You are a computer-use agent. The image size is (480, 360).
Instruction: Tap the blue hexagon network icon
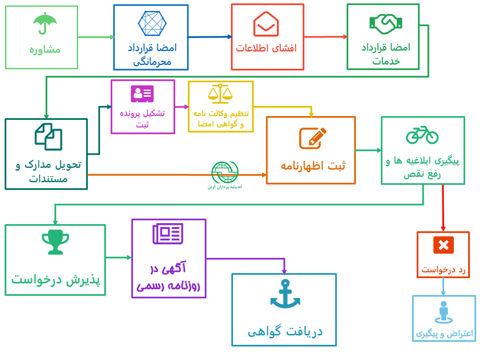(x=152, y=24)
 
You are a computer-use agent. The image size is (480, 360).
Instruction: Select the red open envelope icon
(x=266, y=24)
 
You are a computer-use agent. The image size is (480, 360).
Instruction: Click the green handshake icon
(x=386, y=24)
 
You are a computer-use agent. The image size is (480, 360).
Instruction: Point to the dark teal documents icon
(x=49, y=137)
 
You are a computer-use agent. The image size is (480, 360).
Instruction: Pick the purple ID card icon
(x=142, y=94)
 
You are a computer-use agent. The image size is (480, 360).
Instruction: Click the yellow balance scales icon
(x=220, y=93)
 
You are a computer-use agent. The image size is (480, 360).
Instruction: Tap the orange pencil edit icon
(x=312, y=138)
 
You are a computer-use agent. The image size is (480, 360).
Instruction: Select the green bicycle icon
(x=423, y=135)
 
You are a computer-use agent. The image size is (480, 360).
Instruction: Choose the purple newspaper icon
(x=168, y=234)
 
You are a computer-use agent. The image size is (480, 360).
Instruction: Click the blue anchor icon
(x=285, y=294)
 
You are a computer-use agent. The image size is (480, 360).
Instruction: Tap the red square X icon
(x=444, y=245)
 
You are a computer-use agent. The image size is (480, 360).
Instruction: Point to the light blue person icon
(x=444, y=312)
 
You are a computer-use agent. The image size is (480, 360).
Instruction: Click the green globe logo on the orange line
(x=225, y=172)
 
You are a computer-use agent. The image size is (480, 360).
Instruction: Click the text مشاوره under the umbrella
(x=45, y=50)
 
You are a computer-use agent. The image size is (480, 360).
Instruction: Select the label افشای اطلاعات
(x=266, y=48)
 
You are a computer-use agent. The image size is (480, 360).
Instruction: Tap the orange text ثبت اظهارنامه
(x=313, y=165)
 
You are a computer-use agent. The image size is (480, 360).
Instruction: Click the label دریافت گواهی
(x=285, y=332)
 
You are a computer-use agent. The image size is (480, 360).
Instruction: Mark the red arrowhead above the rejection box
(x=443, y=229)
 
